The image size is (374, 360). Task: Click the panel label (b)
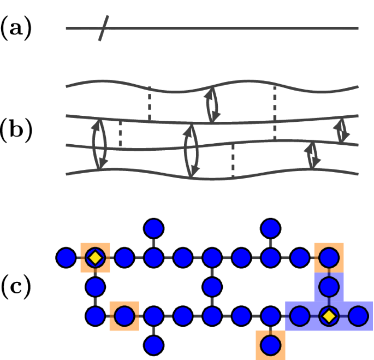click(x=16, y=132)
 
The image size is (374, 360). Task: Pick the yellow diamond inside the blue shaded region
click(x=328, y=316)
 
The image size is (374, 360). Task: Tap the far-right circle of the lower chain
click(x=358, y=316)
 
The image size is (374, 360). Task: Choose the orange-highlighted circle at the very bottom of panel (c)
click(x=270, y=345)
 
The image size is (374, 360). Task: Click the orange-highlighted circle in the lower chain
click(x=124, y=316)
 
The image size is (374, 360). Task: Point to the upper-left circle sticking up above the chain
click(x=153, y=227)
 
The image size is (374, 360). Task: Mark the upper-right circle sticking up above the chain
click(x=270, y=227)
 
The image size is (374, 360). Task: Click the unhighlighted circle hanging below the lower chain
click(x=153, y=345)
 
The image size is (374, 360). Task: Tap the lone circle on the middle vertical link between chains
click(x=212, y=286)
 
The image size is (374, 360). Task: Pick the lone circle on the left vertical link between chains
click(x=95, y=286)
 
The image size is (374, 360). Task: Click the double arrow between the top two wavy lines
click(x=212, y=105)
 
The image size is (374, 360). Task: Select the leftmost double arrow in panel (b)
click(x=99, y=143)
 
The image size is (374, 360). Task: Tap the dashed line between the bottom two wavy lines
click(x=233, y=160)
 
